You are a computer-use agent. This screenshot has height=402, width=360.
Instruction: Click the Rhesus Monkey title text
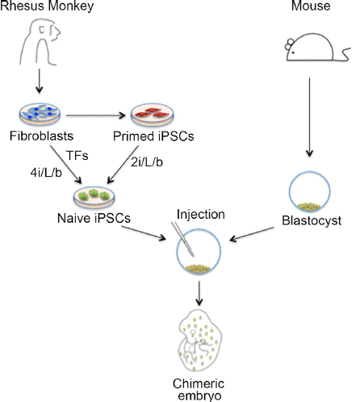click(47, 6)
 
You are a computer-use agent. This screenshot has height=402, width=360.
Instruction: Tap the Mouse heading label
click(311, 6)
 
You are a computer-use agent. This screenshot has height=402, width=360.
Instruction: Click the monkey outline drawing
click(40, 42)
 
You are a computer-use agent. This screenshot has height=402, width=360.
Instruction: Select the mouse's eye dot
click(293, 52)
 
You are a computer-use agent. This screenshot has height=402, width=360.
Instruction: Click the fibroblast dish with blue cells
click(40, 114)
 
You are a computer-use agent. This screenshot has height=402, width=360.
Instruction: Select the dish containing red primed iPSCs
click(153, 115)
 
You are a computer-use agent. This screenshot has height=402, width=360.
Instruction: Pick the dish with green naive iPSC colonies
click(94, 198)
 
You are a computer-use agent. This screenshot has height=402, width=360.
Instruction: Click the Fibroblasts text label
click(41, 136)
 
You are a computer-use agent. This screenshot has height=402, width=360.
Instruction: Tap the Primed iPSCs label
click(153, 136)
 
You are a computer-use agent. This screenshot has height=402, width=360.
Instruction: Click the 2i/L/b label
click(147, 162)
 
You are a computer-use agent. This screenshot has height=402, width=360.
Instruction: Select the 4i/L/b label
click(46, 173)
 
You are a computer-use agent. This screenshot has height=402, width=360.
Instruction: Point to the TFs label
click(77, 156)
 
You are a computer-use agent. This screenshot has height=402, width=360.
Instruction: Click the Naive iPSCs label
click(94, 218)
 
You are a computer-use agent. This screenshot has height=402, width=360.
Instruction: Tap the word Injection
click(201, 215)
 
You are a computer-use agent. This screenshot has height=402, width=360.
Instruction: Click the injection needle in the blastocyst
click(183, 239)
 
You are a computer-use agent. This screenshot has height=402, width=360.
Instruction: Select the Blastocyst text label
click(312, 220)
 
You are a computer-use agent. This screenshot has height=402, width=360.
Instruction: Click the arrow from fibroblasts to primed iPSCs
click(96, 115)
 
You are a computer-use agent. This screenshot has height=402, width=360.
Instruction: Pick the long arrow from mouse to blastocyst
click(309, 117)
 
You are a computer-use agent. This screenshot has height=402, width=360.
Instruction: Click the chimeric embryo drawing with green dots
click(200, 341)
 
